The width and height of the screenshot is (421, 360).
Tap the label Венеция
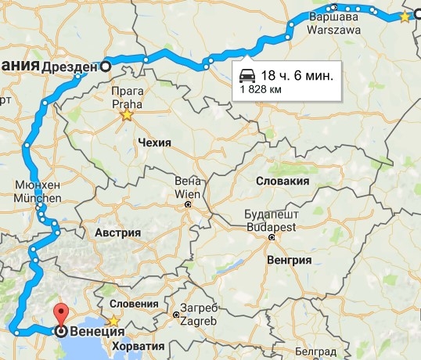95,332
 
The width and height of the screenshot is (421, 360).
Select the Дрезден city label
70,67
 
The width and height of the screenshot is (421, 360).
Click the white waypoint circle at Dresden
104,67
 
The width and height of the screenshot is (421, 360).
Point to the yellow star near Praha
126,116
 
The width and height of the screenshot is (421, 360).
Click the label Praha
126,103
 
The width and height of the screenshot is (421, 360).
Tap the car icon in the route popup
247,75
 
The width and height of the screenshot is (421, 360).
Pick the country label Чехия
153,143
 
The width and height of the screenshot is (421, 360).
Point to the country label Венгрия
289,260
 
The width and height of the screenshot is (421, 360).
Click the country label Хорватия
138,345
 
